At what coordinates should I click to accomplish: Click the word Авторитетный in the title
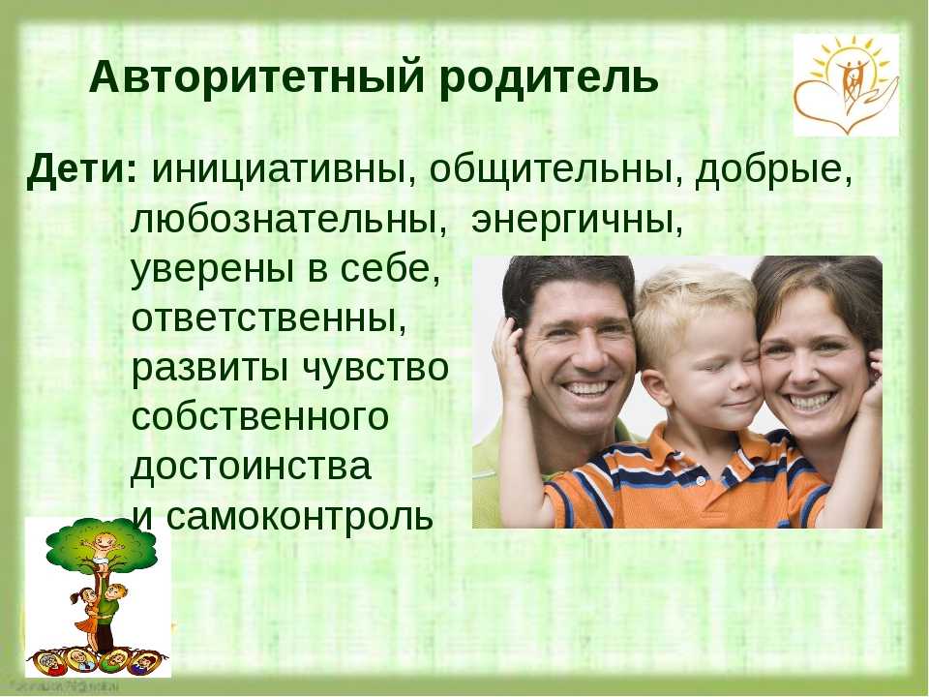point(256,77)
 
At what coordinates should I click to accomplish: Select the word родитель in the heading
point(549,78)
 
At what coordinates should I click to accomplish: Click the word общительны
point(555,170)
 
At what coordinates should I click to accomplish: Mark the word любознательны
point(288,221)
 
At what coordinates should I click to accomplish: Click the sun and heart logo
point(846,85)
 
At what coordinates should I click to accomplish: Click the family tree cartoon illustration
point(99,597)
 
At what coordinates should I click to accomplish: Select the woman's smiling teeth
point(810,401)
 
